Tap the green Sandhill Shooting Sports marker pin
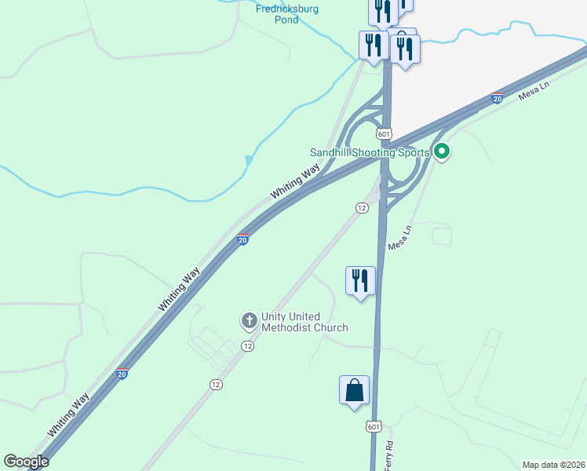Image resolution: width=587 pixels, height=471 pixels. tap(442, 152)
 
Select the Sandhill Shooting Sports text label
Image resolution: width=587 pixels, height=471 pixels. tap(370, 152)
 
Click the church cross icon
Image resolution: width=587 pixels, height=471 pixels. tap(249, 320)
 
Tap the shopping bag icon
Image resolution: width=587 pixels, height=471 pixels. tap(354, 390)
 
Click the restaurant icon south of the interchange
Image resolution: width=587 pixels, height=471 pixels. tap(360, 281)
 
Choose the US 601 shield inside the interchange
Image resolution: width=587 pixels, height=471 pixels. tap(383, 134)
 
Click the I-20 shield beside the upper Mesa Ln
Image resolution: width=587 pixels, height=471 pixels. tap(497, 98)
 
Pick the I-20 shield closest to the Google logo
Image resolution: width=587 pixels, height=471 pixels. tap(122, 374)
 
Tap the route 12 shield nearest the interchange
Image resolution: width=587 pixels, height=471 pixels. tap(361, 207)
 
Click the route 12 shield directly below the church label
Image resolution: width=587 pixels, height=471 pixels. tap(248, 346)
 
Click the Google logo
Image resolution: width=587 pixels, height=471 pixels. tap(27, 462)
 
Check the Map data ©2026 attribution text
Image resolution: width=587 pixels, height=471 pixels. tap(554, 465)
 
